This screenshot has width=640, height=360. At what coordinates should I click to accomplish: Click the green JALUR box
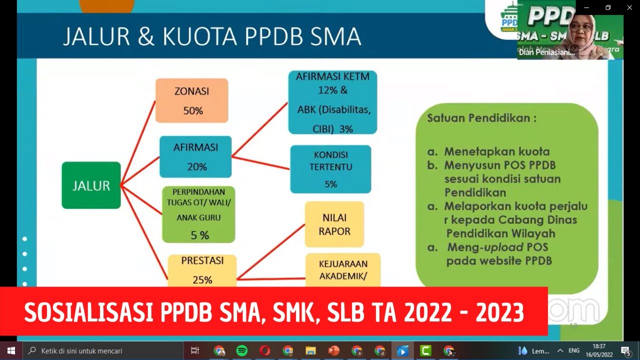tap(91, 185)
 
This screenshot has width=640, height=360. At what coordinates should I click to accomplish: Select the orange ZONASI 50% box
tap(191, 100)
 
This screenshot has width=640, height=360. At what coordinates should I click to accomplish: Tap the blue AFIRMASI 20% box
tap(195, 156)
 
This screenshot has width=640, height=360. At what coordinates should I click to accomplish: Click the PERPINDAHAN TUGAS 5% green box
tap(198, 214)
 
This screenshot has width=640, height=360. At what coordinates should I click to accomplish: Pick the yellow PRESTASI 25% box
tap(202, 270)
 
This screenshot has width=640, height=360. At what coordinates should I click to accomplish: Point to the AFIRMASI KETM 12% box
tap(332, 102)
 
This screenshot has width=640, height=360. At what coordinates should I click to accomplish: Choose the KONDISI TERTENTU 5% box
tap(330, 169)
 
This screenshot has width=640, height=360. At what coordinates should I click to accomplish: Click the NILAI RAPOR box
tap(334, 224)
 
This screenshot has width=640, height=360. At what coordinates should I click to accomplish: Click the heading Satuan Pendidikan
tap(481, 118)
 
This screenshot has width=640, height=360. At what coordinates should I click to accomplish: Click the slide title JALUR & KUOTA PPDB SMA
tap(211, 36)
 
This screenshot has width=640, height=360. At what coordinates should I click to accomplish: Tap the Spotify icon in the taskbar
tap(241, 350)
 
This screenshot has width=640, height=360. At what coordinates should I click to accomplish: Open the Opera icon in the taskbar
tap(265, 350)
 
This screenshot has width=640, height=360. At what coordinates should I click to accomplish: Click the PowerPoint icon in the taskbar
tap(333, 350)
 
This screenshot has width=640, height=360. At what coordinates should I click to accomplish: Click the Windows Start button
tap(11, 350)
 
